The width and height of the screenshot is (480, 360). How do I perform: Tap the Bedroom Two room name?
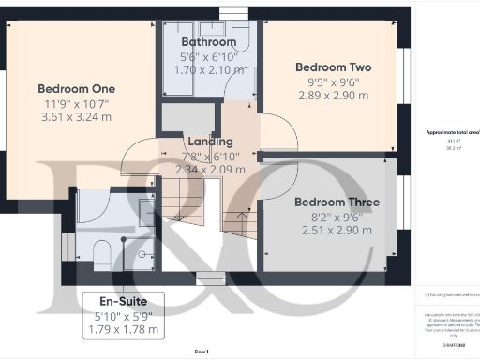[333, 67]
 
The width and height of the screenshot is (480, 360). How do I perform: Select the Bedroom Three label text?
[337, 202]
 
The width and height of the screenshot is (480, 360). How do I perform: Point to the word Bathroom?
[208, 42]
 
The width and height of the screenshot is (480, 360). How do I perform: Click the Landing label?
[210, 142]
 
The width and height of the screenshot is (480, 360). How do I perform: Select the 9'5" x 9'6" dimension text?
[333, 82]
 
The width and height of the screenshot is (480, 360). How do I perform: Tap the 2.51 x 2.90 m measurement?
[337, 230]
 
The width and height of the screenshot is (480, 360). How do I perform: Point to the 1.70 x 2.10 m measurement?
[208, 69]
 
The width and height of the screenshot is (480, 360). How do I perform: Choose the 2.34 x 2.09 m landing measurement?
[210, 170]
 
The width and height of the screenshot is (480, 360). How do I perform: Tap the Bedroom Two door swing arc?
[276, 131]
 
